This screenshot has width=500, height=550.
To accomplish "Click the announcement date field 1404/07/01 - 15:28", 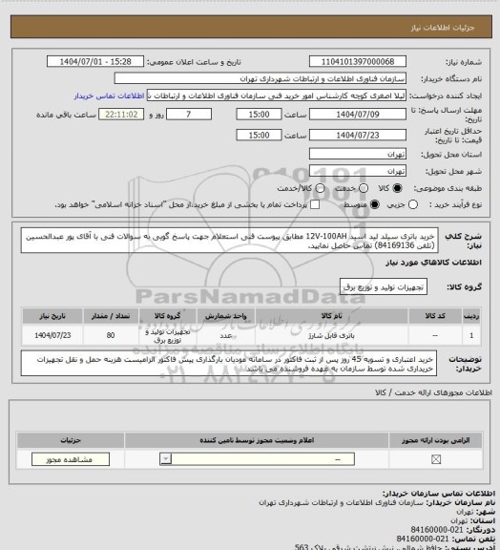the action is coord(95,61).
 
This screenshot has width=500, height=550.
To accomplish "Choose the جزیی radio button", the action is coord(419,203).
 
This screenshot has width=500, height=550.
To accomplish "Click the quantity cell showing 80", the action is coord(111,336).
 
